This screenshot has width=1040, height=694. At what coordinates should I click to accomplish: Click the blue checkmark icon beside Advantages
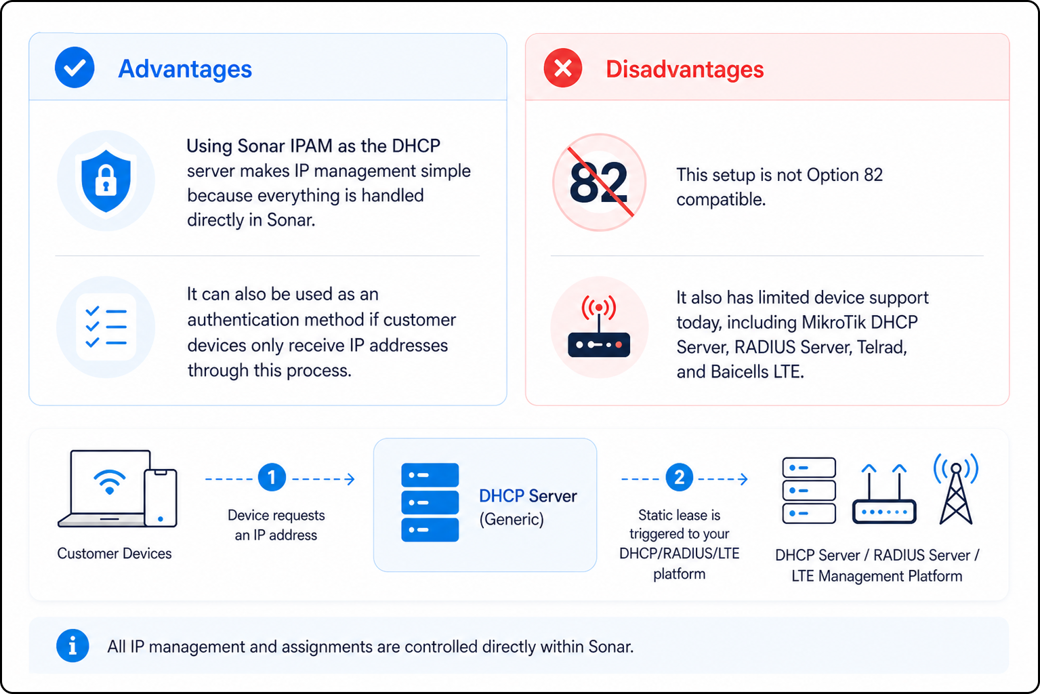(75, 68)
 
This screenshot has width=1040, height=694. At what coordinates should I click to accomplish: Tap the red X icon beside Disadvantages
(563, 68)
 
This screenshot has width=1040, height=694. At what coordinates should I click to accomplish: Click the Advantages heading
(185, 69)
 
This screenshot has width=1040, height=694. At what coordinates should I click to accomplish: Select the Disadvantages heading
(684, 69)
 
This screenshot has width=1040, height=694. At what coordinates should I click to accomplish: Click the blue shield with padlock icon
(106, 181)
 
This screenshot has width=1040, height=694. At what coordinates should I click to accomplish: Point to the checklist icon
(106, 327)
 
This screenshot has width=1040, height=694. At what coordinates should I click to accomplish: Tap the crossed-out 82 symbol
(599, 182)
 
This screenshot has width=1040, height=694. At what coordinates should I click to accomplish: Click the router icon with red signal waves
(599, 327)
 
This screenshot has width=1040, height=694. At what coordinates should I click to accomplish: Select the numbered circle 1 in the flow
(272, 477)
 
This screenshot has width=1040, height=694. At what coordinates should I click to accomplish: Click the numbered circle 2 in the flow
(679, 477)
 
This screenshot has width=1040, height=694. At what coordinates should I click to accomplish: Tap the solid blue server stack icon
(430, 502)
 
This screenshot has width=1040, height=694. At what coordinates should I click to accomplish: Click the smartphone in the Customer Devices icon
(161, 498)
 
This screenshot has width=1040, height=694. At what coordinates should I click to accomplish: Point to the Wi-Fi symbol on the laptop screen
(110, 482)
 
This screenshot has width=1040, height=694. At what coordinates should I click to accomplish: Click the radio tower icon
(955, 489)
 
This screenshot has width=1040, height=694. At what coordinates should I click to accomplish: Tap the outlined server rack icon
(809, 491)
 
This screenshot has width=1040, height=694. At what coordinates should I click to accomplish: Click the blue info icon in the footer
(72, 646)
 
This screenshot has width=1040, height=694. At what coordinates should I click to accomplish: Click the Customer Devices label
(115, 553)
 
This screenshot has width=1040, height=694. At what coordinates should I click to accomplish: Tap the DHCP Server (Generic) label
(528, 507)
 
